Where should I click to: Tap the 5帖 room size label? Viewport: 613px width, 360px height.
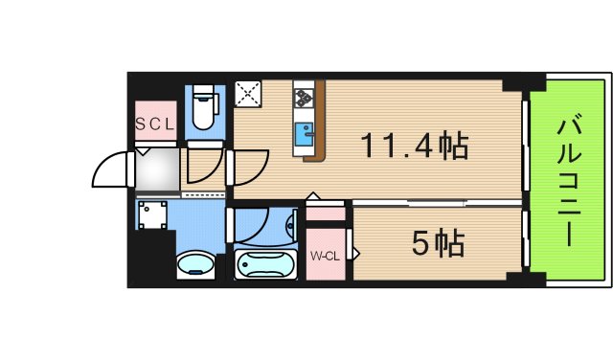pyautogui.click(x=438, y=243)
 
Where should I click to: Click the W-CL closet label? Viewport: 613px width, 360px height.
pyautogui.click(x=326, y=256)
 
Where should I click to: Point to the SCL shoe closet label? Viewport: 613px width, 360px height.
pyautogui.click(x=153, y=124)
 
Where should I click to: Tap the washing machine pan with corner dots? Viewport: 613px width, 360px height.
pyautogui.click(x=152, y=215)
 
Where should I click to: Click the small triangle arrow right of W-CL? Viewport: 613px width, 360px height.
pyautogui.click(x=355, y=255)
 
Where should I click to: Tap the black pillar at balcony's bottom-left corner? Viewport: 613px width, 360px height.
pyautogui.click(x=516, y=279)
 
